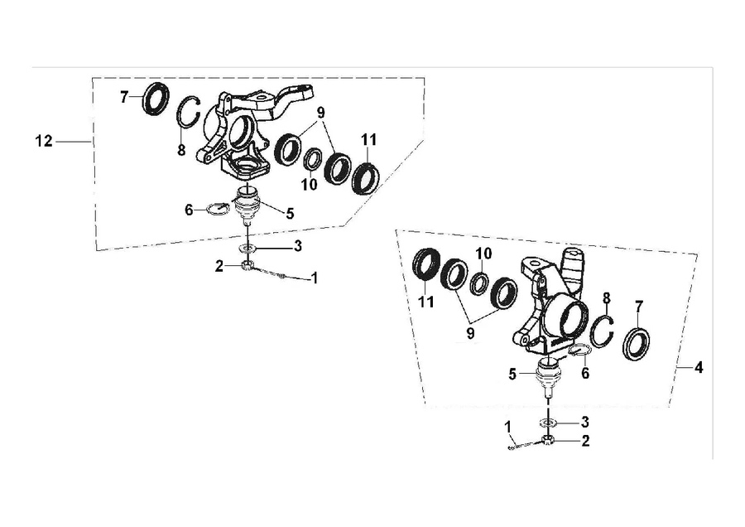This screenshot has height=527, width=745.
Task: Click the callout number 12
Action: pos(44,141)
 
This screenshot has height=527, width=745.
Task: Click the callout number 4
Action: pos(698,368)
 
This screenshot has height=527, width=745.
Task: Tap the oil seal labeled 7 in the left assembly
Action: pos(156,99)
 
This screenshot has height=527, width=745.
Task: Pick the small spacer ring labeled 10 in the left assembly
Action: pos(313,158)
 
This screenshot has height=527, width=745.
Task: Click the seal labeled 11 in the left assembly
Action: pos(366,178)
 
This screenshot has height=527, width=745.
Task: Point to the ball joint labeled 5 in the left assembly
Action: pos(248,205)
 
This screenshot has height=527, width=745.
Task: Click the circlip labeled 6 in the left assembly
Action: pos(218,210)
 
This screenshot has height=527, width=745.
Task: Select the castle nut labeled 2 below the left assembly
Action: pos(247,266)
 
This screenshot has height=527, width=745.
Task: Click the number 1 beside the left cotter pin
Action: pos(314,278)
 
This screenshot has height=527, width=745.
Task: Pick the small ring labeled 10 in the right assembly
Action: pos(478,284)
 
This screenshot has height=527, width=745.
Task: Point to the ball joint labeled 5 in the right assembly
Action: pos(548,377)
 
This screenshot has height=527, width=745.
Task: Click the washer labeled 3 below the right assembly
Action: pos(548,423)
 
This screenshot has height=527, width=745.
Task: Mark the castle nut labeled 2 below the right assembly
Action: pos(547,441)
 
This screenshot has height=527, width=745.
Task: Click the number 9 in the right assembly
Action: pos(470,333)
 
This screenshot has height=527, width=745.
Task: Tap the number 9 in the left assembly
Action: pos(321,113)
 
